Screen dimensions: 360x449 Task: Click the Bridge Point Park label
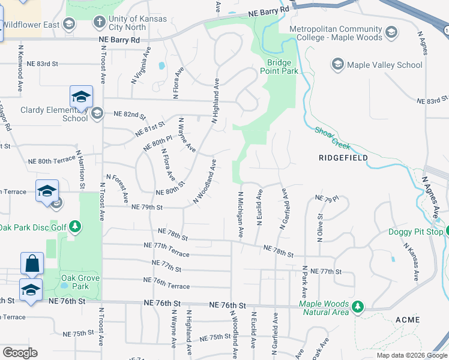pos(279,67)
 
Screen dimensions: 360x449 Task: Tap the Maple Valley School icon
pos(338,64)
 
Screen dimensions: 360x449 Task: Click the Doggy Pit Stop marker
pos(440,232)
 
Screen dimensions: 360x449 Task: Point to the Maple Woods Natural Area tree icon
pos(358,307)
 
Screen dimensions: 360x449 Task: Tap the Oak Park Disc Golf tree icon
pos(75,227)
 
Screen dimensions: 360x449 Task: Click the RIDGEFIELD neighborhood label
pos(342,158)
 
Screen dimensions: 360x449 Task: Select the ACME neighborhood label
pos(408,320)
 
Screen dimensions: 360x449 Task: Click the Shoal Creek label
pos(333,137)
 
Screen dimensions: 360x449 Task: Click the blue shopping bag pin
pos(31,264)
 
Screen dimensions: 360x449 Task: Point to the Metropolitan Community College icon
pos(392,32)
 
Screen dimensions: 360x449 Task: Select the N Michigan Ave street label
pos(241,215)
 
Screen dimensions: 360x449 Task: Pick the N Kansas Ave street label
pos(411,262)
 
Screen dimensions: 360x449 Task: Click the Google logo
pos(20,353)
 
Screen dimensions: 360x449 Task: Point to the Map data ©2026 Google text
pos(411,355)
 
